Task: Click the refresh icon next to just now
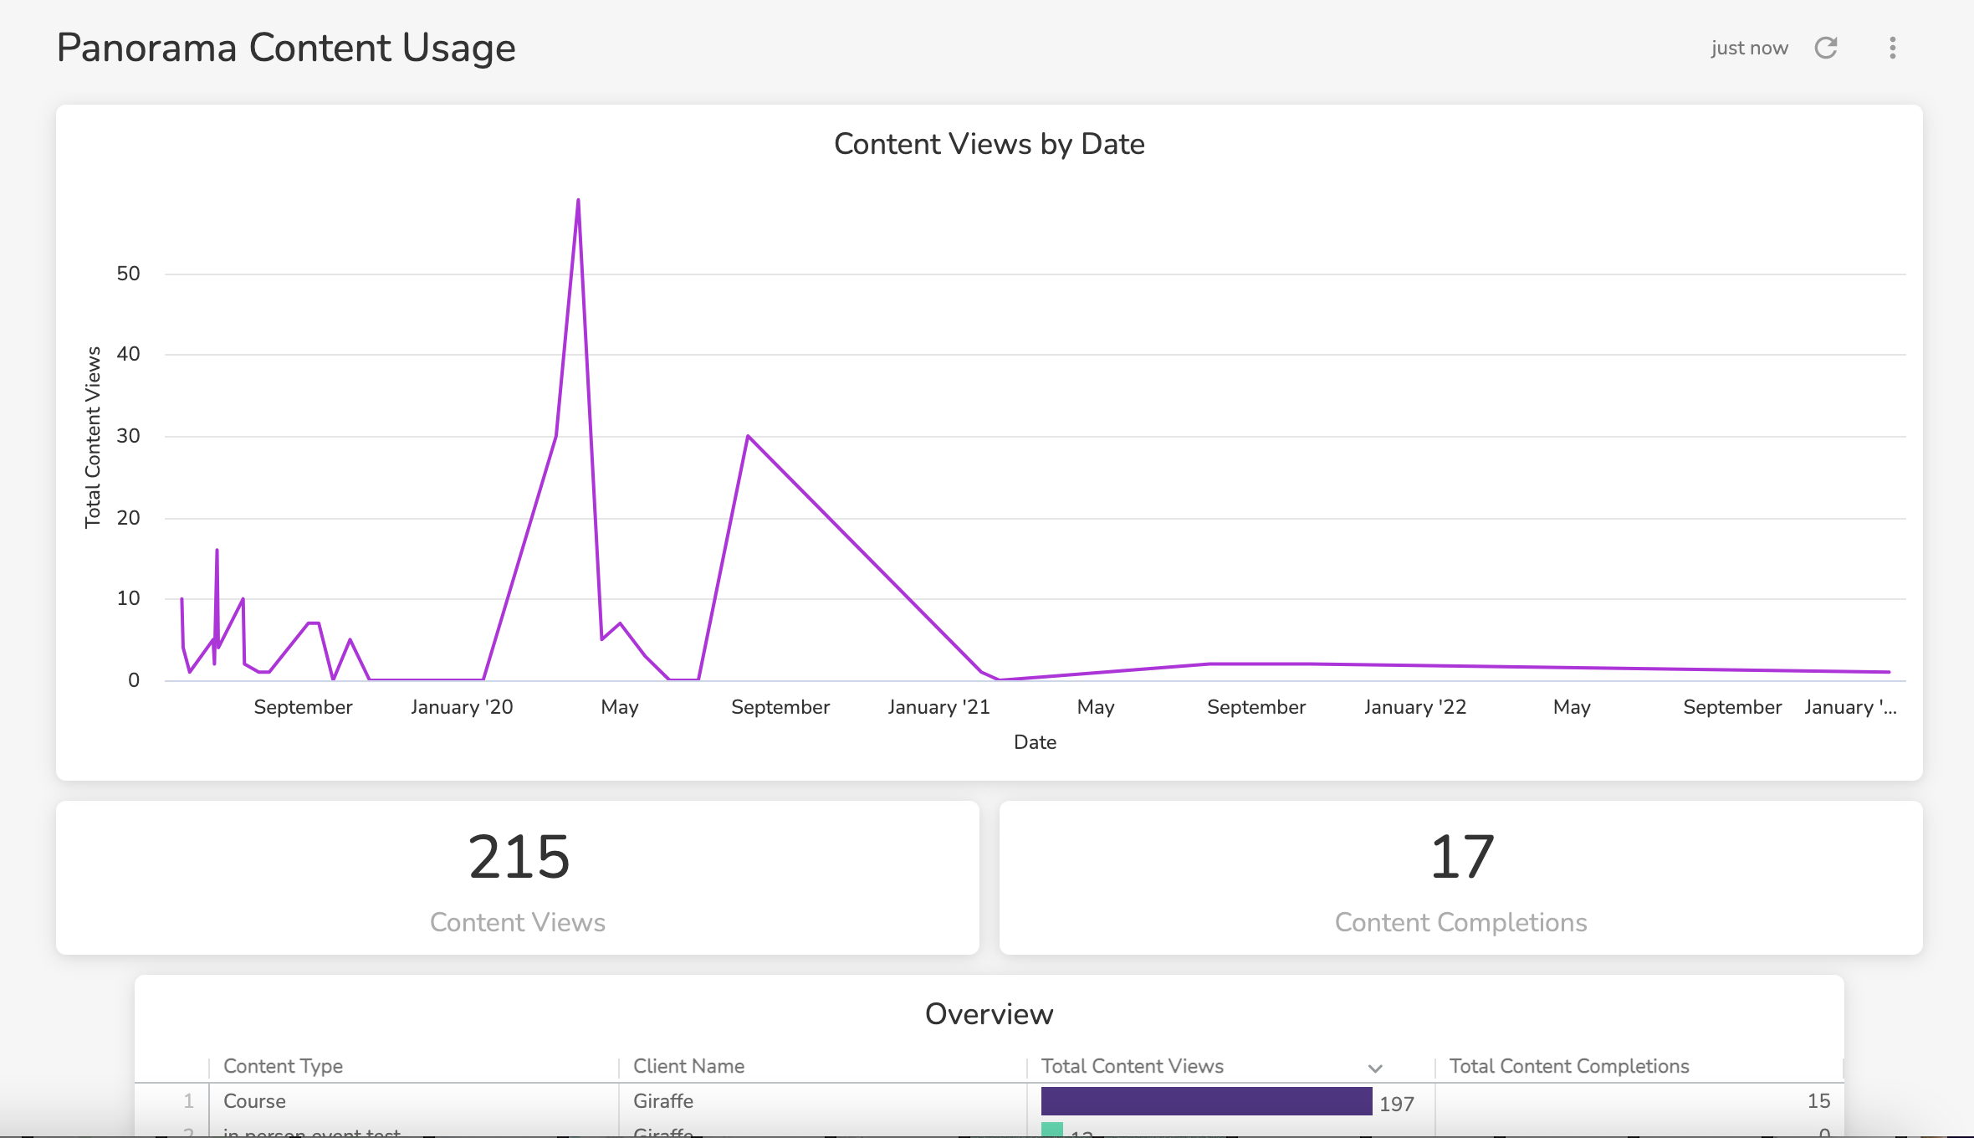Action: pos(1826,48)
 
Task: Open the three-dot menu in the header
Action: pos(1892,48)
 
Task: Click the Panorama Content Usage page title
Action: pos(286,48)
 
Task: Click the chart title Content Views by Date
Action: pos(989,144)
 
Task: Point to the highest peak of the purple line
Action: pos(578,201)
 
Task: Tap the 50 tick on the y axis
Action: pos(128,274)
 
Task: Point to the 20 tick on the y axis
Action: pos(128,518)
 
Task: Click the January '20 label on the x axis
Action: pos(462,707)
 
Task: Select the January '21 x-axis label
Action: pos(938,707)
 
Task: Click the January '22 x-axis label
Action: pos(1414,707)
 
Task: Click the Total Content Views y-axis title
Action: pos(93,437)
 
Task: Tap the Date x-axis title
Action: pos(1035,742)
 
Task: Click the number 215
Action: pos(519,857)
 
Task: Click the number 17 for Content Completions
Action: pos(1461,857)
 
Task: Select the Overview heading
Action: pos(989,1014)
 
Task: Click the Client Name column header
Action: pos(688,1066)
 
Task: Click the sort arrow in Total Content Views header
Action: pos(1375,1069)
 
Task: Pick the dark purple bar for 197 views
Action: pos(1206,1101)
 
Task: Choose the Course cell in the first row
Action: pos(254,1101)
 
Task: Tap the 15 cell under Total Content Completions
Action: pos(1818,1101)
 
